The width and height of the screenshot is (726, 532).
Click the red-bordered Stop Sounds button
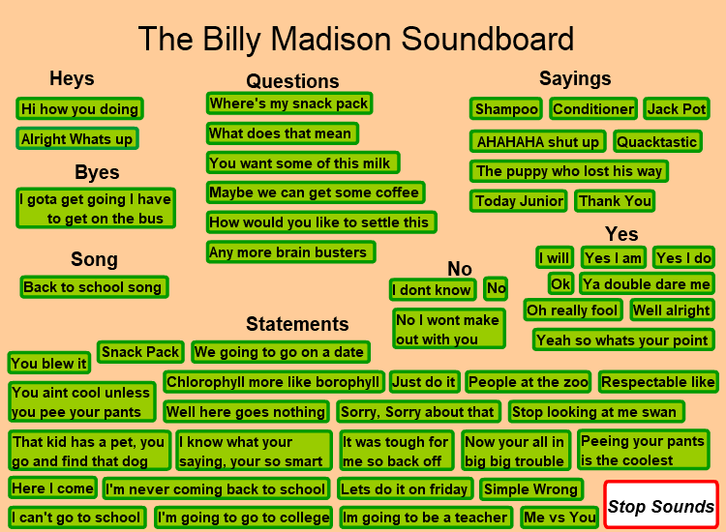[x=661, y=505]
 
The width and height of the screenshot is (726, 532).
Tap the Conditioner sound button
[x=593, y=109]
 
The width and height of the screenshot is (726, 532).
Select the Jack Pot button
[x=677, y=109]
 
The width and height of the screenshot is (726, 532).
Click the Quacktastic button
[x=657, y=141]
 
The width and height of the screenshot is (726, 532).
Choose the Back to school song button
[x=94, y=287]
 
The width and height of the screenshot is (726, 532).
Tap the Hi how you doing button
[x=79, y=109]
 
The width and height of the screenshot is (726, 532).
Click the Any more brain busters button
[x=290, y=252]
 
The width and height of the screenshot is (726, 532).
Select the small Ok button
[x=560, y=283]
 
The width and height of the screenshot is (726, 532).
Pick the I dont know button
[x=433, y=290]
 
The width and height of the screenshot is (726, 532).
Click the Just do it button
[x=425, y=382]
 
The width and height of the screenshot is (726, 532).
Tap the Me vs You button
[x=560, y=517]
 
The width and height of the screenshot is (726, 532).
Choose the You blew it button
[x=49, y=363]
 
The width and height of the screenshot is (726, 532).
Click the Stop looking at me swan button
[x=596, y=412]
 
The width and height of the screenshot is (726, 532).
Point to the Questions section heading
[x=292, y=81]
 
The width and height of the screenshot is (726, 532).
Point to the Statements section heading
[x=297, y=324]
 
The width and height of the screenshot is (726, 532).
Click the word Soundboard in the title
[x=487, y=39]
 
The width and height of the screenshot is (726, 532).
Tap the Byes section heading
[x=97, y=172]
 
